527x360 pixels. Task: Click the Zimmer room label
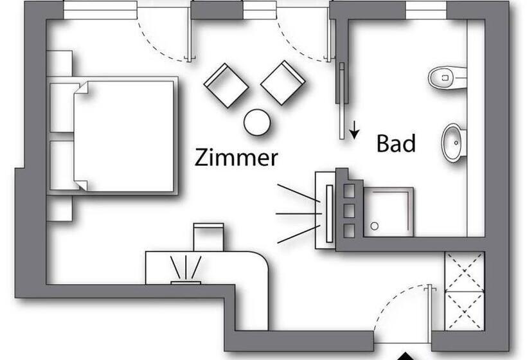236,157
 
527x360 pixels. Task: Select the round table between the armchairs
257,122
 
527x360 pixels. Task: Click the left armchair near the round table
226,85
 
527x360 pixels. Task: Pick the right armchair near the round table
282,82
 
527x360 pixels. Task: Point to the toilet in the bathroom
446,78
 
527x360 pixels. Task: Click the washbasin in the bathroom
452,141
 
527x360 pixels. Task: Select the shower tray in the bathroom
388,212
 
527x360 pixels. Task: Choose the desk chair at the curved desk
208,236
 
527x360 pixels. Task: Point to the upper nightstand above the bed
59,63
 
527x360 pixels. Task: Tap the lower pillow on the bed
63,165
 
